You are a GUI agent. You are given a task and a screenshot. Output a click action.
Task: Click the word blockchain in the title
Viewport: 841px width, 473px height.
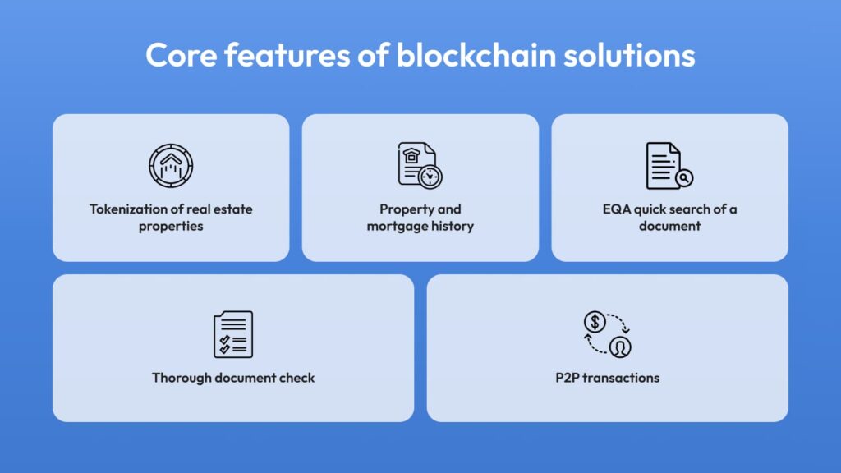coord(476,55)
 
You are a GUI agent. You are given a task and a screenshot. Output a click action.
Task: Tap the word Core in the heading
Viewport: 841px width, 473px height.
coord(182,55)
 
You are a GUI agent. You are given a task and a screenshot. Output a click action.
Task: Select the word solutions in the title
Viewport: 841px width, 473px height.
coord(629,55)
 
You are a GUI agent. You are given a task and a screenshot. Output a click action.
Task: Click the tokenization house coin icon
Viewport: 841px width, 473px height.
coord(171,165)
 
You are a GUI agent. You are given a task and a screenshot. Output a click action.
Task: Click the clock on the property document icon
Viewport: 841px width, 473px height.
coord(430,177)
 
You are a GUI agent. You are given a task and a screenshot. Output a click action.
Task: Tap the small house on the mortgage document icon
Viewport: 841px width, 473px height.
coord(411,155)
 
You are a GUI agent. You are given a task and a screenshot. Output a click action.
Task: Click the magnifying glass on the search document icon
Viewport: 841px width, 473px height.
coord(684,178)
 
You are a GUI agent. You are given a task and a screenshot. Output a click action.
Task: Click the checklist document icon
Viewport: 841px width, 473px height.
coord(233,334)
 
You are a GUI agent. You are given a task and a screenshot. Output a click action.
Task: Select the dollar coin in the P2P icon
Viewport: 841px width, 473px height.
coord(595,322)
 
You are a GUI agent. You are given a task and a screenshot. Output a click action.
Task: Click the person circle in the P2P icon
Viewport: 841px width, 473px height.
coord(620,347)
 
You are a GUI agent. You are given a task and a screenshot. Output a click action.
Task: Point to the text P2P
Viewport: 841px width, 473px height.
coord(568,378)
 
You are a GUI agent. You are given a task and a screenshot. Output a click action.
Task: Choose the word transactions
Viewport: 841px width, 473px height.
coord(621,378)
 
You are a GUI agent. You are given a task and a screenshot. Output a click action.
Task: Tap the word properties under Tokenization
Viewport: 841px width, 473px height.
coord(171,227)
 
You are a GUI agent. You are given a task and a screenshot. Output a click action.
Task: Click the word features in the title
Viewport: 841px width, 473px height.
coord(287,55)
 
